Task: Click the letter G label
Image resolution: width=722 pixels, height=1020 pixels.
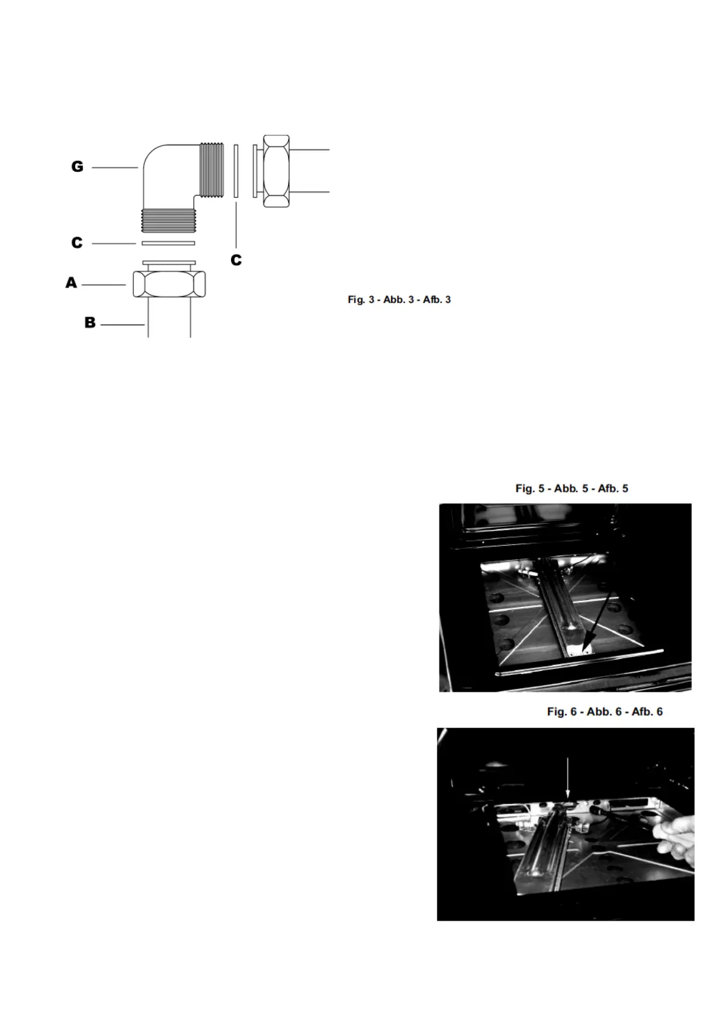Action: (78, 167)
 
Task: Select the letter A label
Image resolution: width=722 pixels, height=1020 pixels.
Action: (72, 283)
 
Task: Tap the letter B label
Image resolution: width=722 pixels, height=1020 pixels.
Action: (90, 323)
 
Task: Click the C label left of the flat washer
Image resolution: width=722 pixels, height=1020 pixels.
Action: (77, 243)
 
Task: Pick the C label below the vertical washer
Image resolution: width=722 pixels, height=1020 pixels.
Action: (236, 260)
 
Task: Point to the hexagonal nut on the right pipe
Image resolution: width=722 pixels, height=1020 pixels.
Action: (276, 171)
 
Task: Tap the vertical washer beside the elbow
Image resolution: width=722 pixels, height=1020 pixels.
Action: (236, 170)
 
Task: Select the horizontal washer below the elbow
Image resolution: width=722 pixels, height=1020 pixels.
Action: (168, 243)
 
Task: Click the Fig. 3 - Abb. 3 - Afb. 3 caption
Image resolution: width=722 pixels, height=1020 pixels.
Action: (399, 299)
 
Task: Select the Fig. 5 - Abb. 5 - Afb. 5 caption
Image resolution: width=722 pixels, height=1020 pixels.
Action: (572, 488)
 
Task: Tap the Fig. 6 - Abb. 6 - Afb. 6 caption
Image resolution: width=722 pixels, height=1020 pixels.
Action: (604, 712)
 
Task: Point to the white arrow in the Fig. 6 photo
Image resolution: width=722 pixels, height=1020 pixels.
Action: (567, 778)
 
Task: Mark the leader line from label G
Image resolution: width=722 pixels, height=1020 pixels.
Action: (115, 167)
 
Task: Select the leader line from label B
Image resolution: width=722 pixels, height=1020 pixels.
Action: (122, 325)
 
